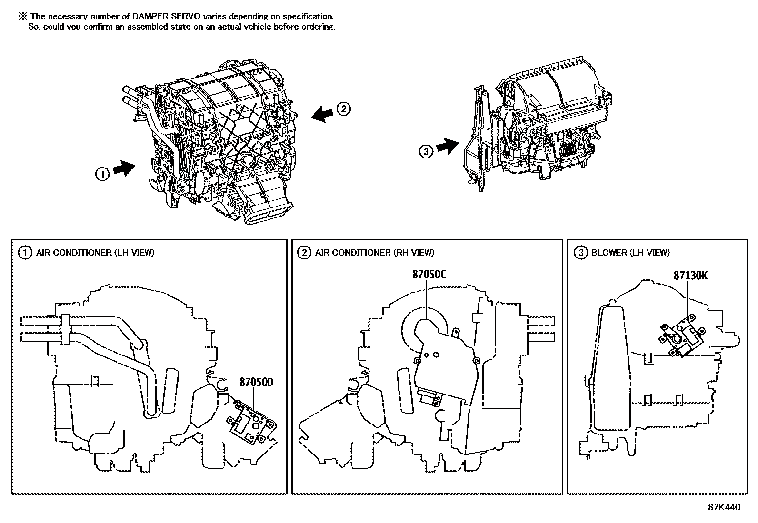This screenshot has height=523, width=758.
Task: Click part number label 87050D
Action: click(x=256, y=382)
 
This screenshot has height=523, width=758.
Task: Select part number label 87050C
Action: click(x=429, y=275)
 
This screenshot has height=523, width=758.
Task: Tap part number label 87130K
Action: click(x=690, y=276)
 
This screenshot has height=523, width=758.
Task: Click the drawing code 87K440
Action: click(x=724, y=507)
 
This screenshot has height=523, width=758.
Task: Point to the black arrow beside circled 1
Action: click(x=125, y=168)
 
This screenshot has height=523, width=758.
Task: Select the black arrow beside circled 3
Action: click(x=447, y=146)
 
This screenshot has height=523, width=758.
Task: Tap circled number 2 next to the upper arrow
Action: click(x=344, y=109)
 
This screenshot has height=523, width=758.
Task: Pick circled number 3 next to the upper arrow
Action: click(x=426, y=151)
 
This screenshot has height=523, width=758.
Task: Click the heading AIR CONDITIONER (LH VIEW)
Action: click(x=95, y=253)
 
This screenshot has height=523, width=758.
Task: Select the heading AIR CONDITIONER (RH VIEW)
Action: click(x=374, y=253)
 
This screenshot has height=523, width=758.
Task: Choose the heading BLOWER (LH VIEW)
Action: click(x=630, y=253)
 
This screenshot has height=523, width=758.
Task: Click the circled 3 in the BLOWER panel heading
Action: click(x=580, y=253)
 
